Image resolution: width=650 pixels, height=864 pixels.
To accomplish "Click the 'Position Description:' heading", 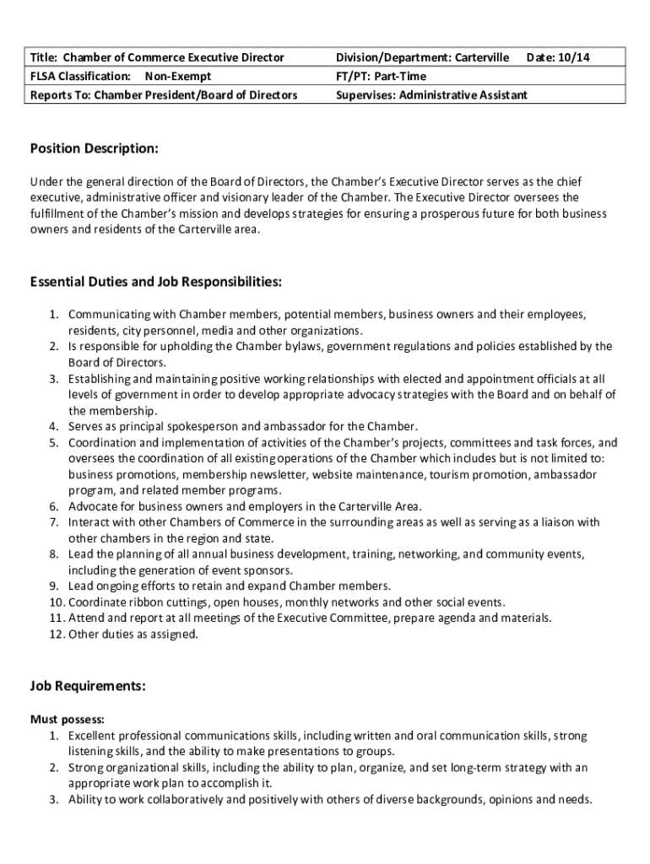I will tap(94, 149).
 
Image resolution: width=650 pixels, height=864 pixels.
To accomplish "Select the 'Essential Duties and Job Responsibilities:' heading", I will tap(156, 281).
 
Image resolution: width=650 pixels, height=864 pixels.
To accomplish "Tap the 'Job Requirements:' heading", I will tap(89, 688).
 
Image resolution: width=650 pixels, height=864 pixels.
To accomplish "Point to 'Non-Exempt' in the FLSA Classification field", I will tap(179, 76).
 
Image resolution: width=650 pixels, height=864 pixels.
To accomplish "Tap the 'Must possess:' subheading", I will tap(68, 720).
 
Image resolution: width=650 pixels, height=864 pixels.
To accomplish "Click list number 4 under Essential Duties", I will tap(53, 426).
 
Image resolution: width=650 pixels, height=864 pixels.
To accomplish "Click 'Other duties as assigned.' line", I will tap(133, 634).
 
